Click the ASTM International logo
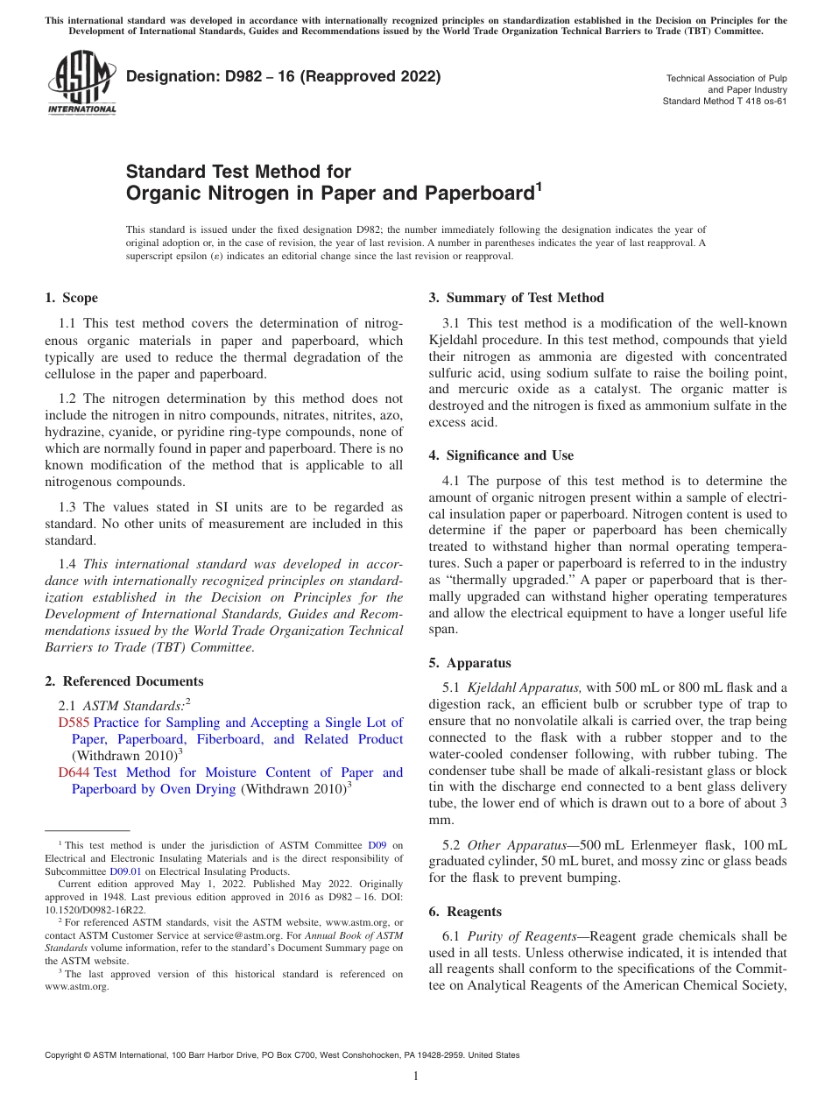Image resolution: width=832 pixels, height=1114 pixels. pos(81,82)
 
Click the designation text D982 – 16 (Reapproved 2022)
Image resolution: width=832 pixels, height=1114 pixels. pos(283,76)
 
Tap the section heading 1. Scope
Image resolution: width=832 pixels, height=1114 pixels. pos(71,298)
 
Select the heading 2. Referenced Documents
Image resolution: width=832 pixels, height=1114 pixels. pos(123,681)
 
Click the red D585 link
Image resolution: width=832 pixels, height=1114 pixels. pos(74,723)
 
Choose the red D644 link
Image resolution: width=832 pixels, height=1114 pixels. pos(74,772)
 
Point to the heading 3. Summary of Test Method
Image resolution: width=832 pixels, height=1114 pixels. pos(516,298)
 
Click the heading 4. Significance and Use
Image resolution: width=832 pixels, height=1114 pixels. pos(501,455)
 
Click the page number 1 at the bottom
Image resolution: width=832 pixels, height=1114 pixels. pos(416,1075)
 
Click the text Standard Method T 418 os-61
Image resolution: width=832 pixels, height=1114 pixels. pos(724,101)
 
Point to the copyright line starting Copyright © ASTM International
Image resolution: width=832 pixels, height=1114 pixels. pos(281,1055)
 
